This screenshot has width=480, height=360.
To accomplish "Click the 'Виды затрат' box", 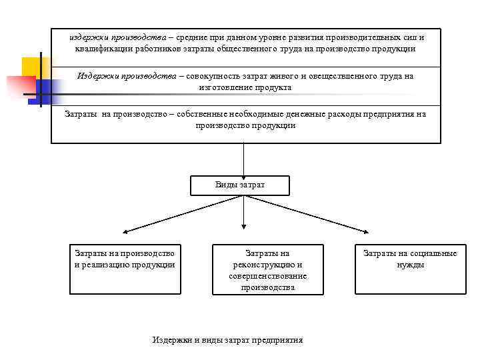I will (x=240, y=185).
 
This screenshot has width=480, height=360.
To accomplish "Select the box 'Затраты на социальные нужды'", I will (x=410, y=269).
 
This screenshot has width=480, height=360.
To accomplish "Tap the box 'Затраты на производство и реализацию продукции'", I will (x=125, y=269).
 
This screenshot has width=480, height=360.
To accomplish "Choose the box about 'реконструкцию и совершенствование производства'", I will (x=267, y=269).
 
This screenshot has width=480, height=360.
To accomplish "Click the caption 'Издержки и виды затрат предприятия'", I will (x=227, y=340).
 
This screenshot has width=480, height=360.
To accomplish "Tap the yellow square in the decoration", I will (x=35, y=67).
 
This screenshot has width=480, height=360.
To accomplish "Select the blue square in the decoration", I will (x=49, y=89).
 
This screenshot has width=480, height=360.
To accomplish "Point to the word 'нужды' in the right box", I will (x=410, y=265).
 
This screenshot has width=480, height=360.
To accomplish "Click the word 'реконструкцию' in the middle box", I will (x=267, y=265).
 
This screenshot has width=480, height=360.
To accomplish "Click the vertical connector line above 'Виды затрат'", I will (x=244, y=160).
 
